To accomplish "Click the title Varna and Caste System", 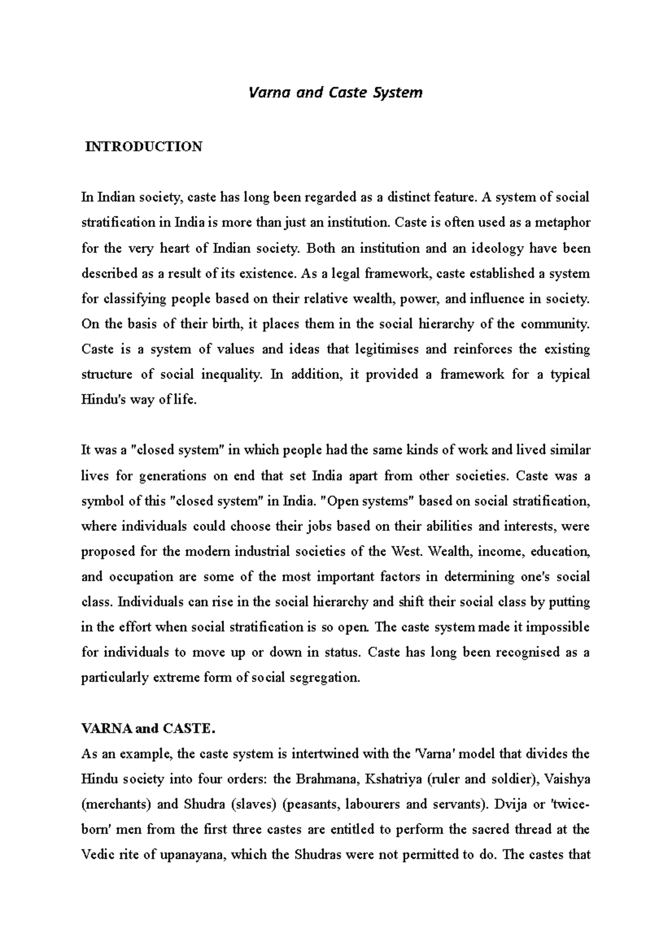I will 335,92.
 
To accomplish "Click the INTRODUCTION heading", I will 143,147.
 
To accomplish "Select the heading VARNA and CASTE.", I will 148,729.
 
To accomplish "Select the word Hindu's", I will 103,400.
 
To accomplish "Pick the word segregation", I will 319,678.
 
